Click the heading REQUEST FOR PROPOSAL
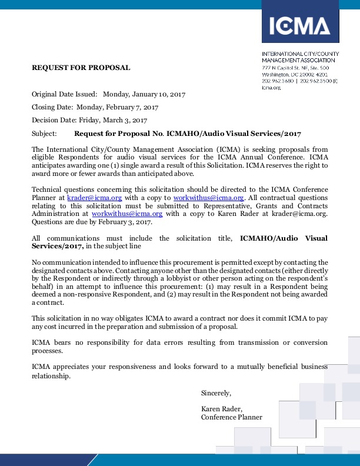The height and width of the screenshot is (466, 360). point(81,68)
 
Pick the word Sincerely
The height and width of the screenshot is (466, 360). point(216,392)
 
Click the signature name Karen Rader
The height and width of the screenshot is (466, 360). point(221,408)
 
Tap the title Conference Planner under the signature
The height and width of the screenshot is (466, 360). point(232,417)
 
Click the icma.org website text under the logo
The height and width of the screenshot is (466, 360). point(271,88)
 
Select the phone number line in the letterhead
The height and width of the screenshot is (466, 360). point(300,81)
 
